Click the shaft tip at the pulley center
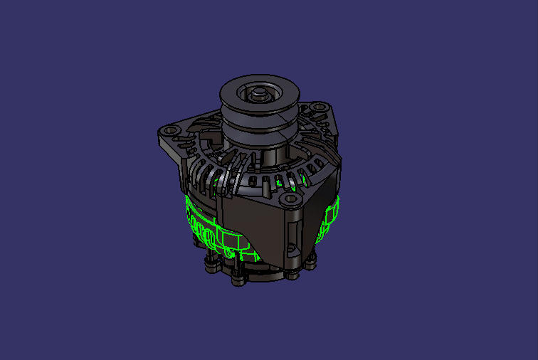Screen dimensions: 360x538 [x=256, y=92]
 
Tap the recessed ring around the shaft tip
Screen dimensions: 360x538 [x=256, y=99]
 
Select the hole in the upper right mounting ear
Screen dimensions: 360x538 [x=316, y=109]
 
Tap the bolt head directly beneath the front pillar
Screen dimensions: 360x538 [x=291, y=273]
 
